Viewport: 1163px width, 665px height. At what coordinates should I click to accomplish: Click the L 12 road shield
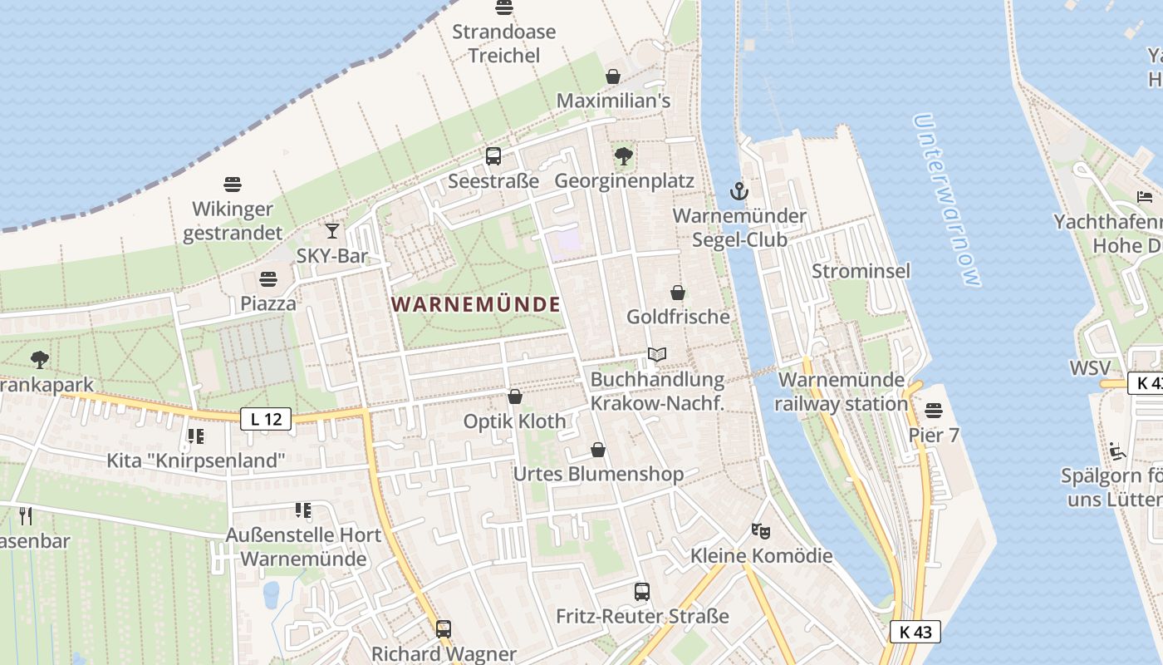[x=266, y=419]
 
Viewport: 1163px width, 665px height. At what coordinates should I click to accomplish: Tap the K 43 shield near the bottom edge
[x=915, y=632]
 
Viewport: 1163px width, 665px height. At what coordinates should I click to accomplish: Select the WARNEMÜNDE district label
[x=476, y=304]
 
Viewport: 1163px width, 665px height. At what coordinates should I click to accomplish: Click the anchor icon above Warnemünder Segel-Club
[x=739, y=192]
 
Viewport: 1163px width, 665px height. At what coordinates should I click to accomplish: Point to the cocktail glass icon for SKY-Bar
[x=332, y=230]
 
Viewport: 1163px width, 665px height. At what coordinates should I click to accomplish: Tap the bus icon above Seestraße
[x=493, y=155]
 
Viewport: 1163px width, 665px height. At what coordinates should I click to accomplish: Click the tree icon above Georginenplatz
[x=623, y=155]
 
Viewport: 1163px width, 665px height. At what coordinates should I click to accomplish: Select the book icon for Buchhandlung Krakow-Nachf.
[x=657, y=355]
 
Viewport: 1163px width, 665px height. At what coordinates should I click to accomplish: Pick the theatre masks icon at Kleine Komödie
[x=759, y=530]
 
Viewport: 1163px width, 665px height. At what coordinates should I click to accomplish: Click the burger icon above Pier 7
[x=934, y=410]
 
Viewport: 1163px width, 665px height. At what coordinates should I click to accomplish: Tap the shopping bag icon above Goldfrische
[x=678, y=292]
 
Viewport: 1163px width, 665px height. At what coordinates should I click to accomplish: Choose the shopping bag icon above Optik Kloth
[x=515, y=397]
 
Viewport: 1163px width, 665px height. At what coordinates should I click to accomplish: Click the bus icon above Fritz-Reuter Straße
[x=642, y=591]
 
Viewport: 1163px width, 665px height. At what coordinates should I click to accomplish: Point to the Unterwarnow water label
[x=947, y=199]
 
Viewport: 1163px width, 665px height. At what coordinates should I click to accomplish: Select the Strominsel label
[x=861, y=271]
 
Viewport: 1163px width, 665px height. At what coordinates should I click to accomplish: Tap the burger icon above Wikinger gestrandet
[x=233, y=184]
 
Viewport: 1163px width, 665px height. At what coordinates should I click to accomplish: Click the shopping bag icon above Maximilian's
[x=613, y=76]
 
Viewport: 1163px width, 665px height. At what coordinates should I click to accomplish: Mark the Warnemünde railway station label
[x=842, y=392]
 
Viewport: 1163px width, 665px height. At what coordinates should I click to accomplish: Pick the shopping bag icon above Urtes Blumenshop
[x=598, y=450]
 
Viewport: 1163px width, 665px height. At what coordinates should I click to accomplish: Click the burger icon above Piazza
[x=267, y=278]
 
